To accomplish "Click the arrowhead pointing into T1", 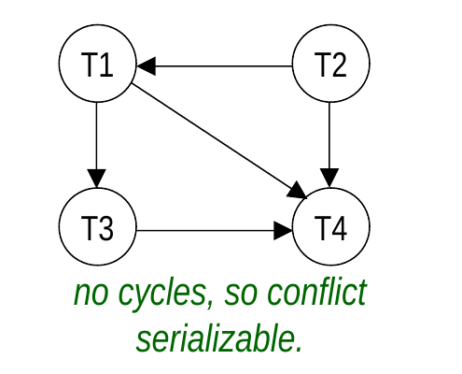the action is pos(146,66).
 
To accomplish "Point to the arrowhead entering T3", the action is pos(96,179).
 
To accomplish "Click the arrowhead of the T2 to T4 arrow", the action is pos(329,179).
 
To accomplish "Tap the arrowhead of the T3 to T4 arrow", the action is pos(283,231).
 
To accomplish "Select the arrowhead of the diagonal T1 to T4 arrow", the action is pos(298,191).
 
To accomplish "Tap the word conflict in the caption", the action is pos(317,293).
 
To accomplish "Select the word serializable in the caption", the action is pos(219,338).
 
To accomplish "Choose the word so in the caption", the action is pos(241,295).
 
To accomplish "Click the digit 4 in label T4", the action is pos(339,228).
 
